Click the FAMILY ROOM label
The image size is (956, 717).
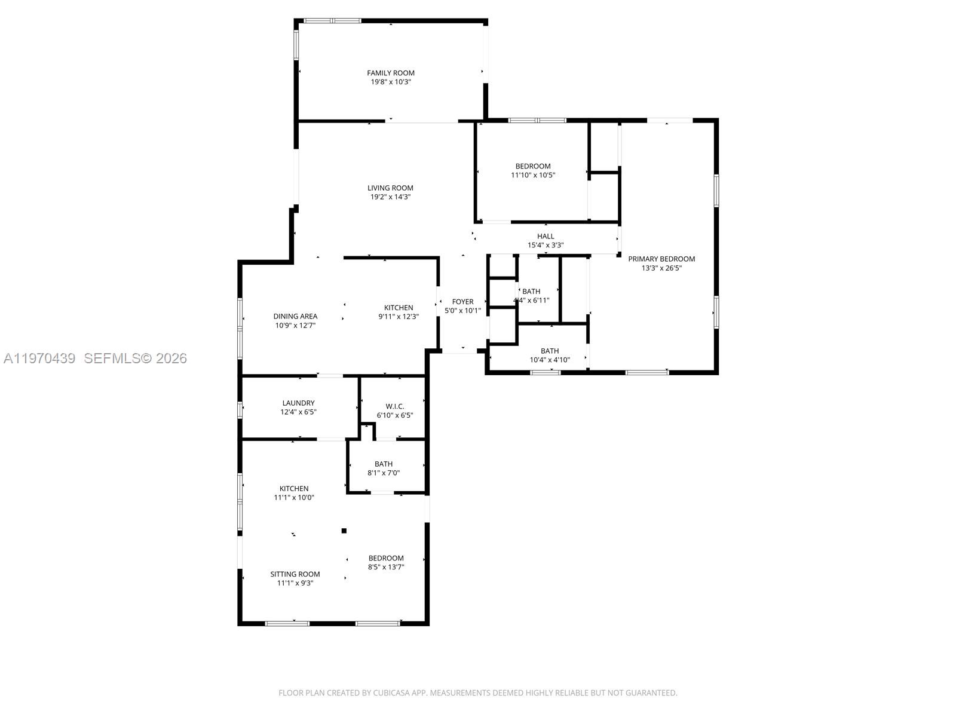click(x=391, y=73)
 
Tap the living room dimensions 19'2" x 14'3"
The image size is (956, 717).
click(x=390, y=197)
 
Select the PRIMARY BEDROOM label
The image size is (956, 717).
click(x=661, y=259)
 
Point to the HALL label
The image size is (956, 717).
click(x=546, y=236)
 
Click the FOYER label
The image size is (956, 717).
click(x=462, y=302)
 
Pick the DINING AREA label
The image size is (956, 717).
click(x=295, y=316)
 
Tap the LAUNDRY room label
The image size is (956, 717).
click(x=298, y=403)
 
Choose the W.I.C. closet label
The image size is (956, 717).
click(x=394, y=406)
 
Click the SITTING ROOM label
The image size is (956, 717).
click(x=295, y=574)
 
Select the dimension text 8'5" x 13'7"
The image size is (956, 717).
click(x=386, y=567)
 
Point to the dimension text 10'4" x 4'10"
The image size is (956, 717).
click(x=550, y=360)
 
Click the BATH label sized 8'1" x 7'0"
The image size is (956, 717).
click(x=384, y=464)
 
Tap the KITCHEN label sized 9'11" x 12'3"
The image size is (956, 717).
click(x=399, y=308)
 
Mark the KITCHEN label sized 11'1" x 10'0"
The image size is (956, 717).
click(x=294, y=488)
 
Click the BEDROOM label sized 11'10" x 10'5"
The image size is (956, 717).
click(x=533, y=166)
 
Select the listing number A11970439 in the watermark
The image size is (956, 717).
click(x=39, y=358)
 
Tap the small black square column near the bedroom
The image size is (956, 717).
click(x=344, y=531)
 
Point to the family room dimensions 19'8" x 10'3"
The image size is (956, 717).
click(x=391, y=82)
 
